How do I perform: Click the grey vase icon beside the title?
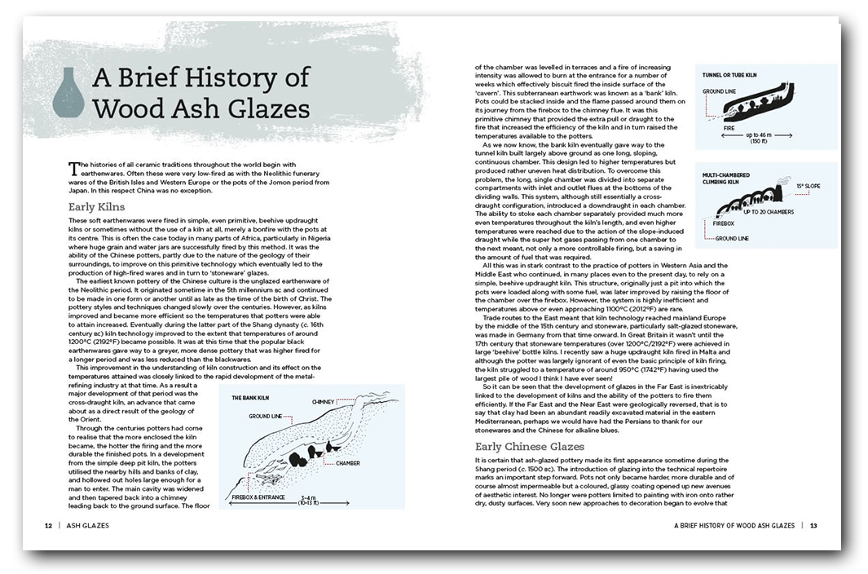pyautogui.click(x=68, y=92)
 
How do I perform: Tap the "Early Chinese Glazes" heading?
pyautogui.click(x=530, y=447)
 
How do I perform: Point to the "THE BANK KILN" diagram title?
pyautogui.click(x=252, y=398)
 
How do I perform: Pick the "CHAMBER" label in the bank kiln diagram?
pyautogui.click(x=347, y=463)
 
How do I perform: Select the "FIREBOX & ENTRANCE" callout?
pyautogui.click(x=260, y=495)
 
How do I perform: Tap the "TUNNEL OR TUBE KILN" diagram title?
pyautogui.click(x=729, y=75)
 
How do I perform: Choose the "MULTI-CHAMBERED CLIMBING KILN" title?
pyautogui.click(x=727, y=179)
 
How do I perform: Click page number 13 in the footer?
pyautogui.click(x=813, y=526)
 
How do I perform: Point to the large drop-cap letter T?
pyautogui.click(x=74, y=167)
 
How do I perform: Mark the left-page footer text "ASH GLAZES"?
pyautogui.click(x=87, y=526)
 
